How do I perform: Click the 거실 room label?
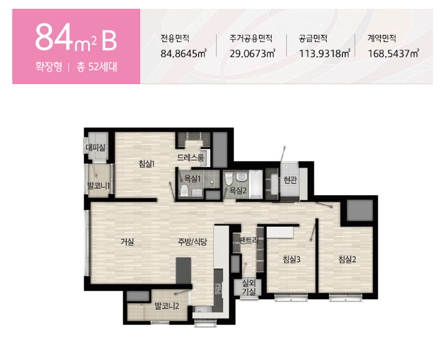(127, 242)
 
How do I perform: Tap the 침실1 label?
(146, 164)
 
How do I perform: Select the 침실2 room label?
(347, 259)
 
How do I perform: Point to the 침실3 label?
(292, 259)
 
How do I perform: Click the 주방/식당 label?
(192, 242)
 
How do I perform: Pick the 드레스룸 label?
(190, 157)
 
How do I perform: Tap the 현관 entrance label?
(290, 180)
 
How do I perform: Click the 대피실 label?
(95, 147)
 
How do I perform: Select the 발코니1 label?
(98, 186)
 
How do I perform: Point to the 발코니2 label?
(167, 306)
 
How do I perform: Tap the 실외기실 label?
(249, 287)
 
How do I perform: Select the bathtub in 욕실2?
(256, 184)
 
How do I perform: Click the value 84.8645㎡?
(183, 53)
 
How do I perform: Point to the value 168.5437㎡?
(393, 53)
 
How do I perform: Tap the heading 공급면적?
(313, 38)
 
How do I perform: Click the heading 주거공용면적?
(251, 38)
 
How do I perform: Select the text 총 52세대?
(97, 67)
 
